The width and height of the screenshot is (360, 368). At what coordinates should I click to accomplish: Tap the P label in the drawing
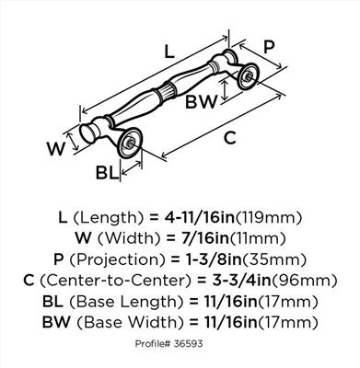pos(269,47)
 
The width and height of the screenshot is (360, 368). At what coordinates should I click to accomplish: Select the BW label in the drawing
pos(201,101)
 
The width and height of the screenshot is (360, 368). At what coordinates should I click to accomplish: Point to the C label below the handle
pos(230,138)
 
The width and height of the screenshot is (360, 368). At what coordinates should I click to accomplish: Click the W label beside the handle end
pos(56,149)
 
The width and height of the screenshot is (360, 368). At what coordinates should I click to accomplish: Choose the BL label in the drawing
pos(107,173)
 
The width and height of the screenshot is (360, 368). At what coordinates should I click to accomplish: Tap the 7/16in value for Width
pos(204,238)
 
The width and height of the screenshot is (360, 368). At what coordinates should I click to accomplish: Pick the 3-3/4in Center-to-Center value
pos(242,281)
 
